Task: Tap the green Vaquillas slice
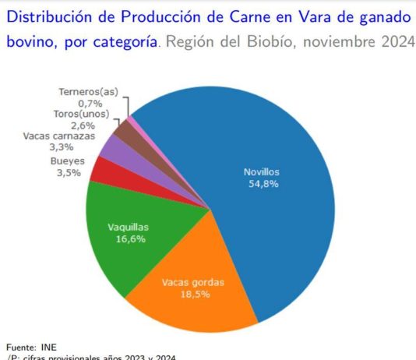click(129, 234)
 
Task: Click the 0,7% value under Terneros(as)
click(90, 102)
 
